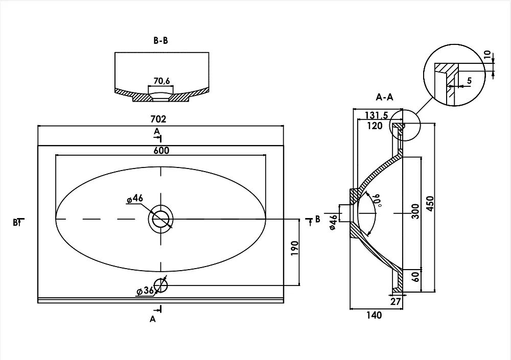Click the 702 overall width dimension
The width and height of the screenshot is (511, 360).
pyautogui.click(x=158, y=119)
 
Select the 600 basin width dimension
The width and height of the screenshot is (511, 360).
pyautogui.click(x=161, y=150)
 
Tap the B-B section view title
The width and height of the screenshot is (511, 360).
pyautogui.click(x=160, y=40)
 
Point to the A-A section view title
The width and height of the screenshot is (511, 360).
pyautogui.click(x=385, y=97)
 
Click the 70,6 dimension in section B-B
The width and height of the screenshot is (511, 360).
pyautogui.click(x=162, y=81)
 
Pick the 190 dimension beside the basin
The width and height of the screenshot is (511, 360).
pyautogui.click(x=294, y=248)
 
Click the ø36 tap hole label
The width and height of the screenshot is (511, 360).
pyautogui.click(x=145, y=290)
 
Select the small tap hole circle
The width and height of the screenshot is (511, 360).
pyautogui.click(x=160, y=286)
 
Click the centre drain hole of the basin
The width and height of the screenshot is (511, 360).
pyautogui.click(x=160, y=219)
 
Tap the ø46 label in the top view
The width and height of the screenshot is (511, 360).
pyautogui.click(x=135, y=198)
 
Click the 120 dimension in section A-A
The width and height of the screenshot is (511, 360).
pyautogui.click(x=375, y=126)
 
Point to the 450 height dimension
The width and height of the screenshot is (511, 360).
pyautogui.click(x=430, y=204)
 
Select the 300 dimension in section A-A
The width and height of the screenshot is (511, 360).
pyautogui.click(x=415, y=211)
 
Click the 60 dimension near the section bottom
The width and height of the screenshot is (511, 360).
pyautogui.click(x=415, y=277)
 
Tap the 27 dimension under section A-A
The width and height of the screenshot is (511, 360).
pyautogui.click(x=396, y=301)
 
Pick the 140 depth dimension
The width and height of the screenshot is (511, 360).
pyautogui.click(x=374, y=315)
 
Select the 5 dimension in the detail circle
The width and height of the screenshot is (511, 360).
pyautogui.click(x=469, y=81)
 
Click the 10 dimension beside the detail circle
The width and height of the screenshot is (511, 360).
pyautogui.click(x=487, y=54)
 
